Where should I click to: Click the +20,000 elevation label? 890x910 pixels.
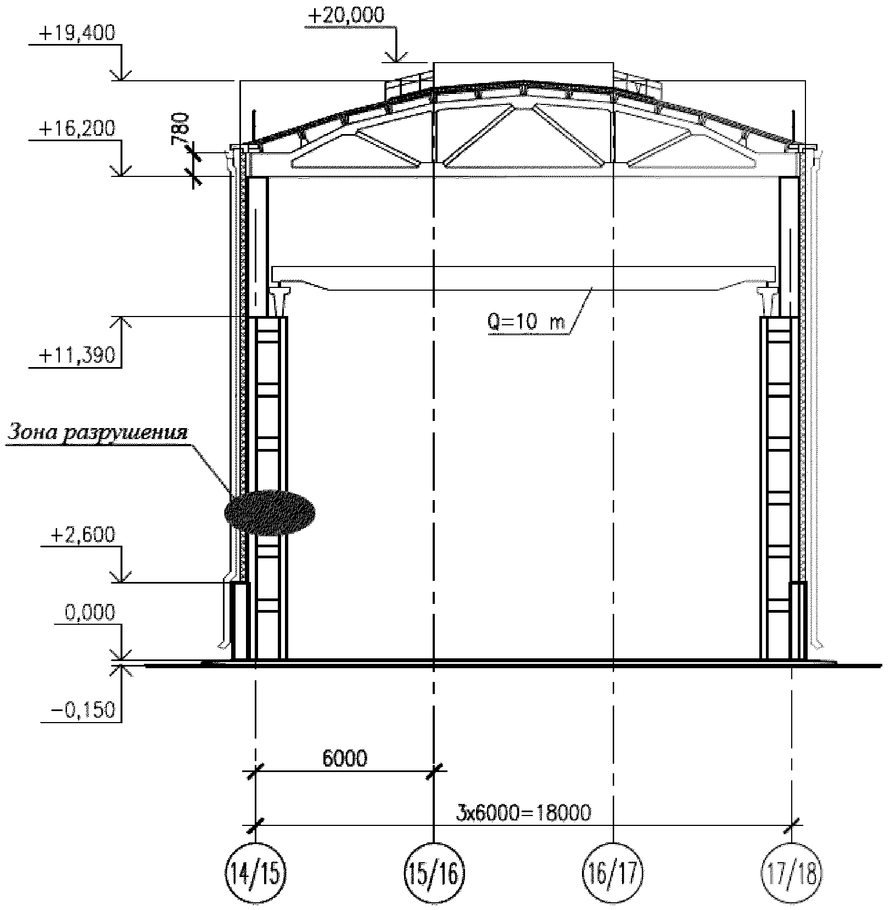[x=346, y=15]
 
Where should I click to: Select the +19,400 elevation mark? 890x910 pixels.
[x=77, y=34]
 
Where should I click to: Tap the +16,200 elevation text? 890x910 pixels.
[x=77, y=129]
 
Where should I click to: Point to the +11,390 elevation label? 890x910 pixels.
[x=77, y=356]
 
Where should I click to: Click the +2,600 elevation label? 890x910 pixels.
[x=83, y=535]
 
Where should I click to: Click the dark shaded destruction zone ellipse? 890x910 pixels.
[x=270, y=513]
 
